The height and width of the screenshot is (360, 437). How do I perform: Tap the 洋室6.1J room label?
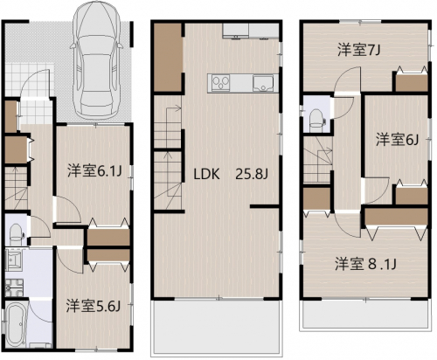click(x=94, y=171)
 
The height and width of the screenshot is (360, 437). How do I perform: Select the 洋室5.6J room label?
click(x=94, y=306)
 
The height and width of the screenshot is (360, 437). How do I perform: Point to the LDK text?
click(x=206, y=174)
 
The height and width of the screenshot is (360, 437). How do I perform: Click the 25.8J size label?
click(x=252, y=174)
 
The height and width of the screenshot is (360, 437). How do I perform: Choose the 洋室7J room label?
click(x=359, y=51)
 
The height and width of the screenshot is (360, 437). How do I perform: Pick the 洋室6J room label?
click(x=398, y=140)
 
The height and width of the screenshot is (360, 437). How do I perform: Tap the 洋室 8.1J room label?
click(x=365, y=264)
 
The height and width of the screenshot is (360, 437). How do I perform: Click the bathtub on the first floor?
click(x=16, y=322)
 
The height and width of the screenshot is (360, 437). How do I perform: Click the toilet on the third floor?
click(x=316, y=121)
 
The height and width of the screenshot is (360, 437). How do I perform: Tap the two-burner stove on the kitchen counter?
click(x=221, y=83)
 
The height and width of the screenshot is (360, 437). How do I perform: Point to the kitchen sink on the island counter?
click(x=263, y=83)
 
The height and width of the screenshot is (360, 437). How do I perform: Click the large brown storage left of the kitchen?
click(x=168, y=58)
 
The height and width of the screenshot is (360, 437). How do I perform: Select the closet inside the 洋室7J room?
click(x=412, y=82)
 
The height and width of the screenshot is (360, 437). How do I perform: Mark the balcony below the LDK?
click(x=216, y=327)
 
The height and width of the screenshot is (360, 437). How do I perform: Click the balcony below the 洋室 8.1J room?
click(x=365, y=315)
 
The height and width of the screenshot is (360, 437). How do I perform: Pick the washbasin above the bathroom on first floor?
click(x=14, y=260)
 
